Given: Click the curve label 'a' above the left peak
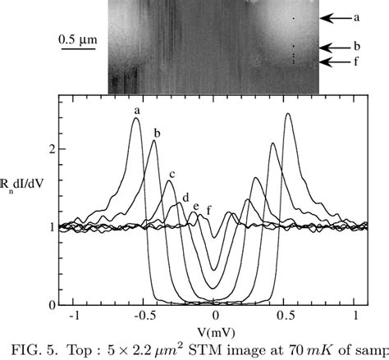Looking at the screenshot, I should [137, 110].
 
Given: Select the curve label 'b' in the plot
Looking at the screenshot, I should [157, 133].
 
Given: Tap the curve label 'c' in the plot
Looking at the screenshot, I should [172, 174].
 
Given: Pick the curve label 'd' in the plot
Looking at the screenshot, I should [185, 197].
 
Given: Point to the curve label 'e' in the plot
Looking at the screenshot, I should [195, 206].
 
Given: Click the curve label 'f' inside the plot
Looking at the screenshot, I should [208, 210].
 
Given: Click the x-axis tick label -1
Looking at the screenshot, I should [76, 314].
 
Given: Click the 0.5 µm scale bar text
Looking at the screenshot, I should [76, 38].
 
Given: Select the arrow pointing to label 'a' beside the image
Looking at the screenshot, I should [334, 16].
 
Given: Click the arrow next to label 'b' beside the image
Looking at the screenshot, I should [334, 48].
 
